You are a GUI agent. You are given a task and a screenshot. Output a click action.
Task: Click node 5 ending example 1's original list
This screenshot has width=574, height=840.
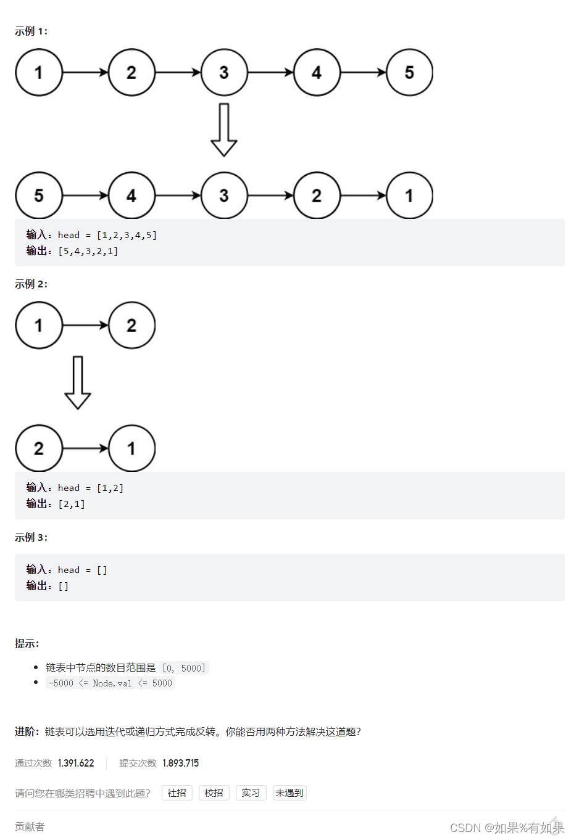[409, 73]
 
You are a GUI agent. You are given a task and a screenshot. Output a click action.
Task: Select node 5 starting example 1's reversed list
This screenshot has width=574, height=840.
[39, 196]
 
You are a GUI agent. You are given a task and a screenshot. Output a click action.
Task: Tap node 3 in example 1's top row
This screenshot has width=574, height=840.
[224, 73]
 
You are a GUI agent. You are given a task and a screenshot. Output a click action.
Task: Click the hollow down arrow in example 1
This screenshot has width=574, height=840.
[224, 130]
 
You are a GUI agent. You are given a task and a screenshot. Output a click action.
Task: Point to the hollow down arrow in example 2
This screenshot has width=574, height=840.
[78, 382]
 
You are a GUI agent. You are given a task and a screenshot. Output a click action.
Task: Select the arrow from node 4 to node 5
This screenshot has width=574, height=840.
[363, 73]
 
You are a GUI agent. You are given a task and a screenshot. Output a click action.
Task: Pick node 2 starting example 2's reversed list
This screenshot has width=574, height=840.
[39, 448]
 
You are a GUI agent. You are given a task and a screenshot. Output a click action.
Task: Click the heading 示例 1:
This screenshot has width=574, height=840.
[31, 31]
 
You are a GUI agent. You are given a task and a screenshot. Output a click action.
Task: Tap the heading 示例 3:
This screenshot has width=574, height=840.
[31, 537]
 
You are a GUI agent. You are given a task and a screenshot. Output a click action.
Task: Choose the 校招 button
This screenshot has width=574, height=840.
[214, 793]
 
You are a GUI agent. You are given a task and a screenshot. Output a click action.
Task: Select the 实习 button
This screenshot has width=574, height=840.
[251, 793]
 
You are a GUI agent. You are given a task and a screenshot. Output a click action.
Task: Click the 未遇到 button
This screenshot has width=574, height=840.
[289, 793]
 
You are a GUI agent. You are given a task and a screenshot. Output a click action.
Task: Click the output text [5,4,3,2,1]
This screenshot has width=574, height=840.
[88, 251]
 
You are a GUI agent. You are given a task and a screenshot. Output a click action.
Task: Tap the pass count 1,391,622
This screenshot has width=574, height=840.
[76, 763]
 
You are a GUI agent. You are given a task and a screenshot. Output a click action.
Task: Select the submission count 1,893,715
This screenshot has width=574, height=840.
[180, 763]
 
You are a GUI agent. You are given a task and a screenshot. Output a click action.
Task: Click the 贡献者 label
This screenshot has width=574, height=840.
[30, 826]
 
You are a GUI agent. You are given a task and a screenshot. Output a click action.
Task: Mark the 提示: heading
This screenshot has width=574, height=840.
[27, 643]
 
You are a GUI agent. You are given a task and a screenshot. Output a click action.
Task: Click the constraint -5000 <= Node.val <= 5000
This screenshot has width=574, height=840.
[110, 683]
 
